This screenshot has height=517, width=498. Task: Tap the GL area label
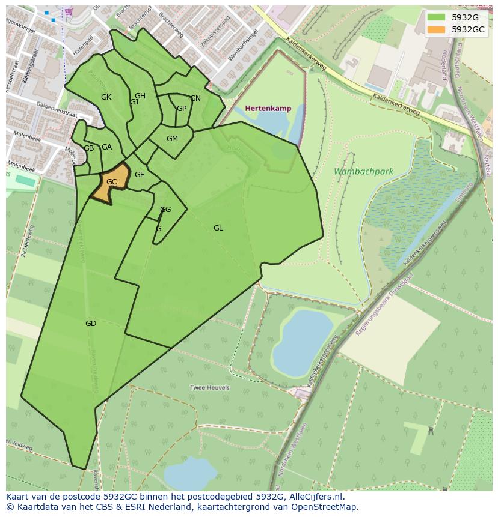tap(218, 228)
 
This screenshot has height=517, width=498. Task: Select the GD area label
tap(91, 324)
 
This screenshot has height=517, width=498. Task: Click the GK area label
tap(106, 97)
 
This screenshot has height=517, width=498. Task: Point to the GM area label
tap(172, 139)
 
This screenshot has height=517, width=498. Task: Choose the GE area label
tap(140, 175)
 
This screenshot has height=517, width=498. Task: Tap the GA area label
tap(106, 147)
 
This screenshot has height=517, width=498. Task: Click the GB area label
tap(88, 148)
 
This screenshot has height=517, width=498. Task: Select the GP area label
tap(181, 109)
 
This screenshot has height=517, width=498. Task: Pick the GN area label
tap(195, 98)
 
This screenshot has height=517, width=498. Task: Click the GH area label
tap(140, 96)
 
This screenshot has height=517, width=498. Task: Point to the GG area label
tap(166, 210)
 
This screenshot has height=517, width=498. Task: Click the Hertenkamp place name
tap(268, 109)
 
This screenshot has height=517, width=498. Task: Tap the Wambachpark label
tap(363, 172)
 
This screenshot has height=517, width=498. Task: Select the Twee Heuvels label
tap(210, 388)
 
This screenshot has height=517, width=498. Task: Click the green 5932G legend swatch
tap(437, 17)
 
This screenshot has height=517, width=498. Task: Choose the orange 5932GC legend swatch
tap(437, 29)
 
